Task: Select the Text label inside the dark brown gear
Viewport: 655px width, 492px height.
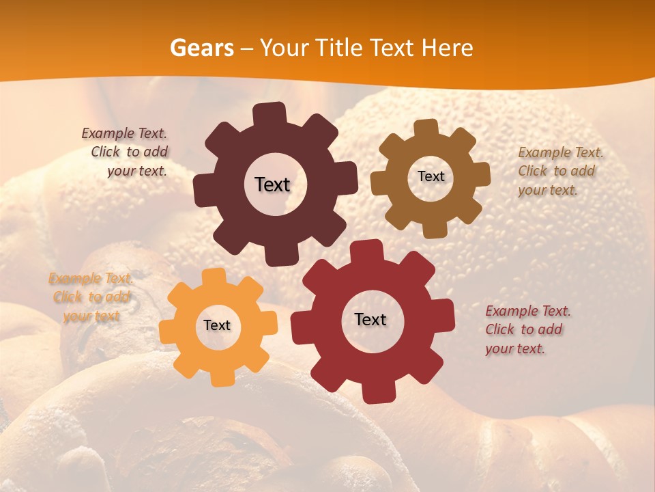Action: pos(272,184)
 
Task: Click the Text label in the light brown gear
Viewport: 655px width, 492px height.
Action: pos(431,176)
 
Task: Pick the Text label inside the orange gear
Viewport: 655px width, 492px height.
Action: pos(217,326)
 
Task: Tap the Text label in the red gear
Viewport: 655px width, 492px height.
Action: pos(370,320)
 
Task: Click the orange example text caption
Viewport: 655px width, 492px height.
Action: pos(91,297)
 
